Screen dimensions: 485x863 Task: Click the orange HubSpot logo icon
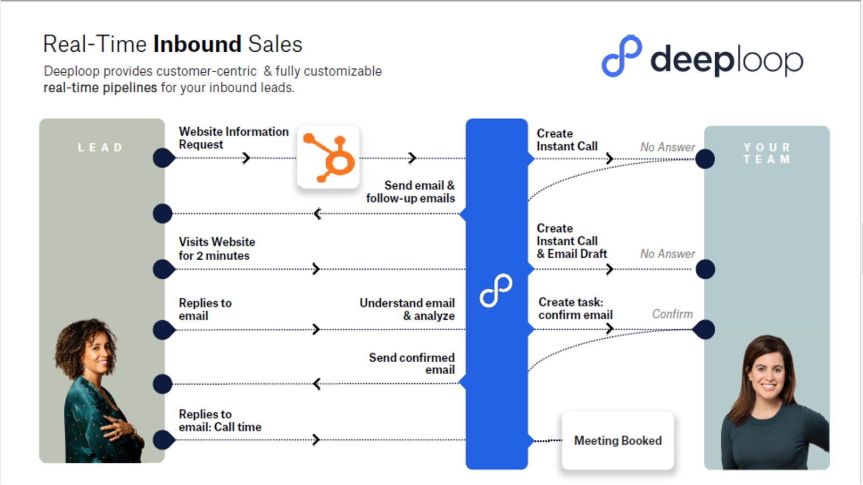pyautogui.click(x=328, y=157)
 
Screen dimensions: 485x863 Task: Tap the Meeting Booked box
pyautogui.click(x=618, y=441)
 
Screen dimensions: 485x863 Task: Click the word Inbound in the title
pyautogui.click(x=197, y=44)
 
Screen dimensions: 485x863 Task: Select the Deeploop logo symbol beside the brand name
pyautogui.click(x=621, y=56)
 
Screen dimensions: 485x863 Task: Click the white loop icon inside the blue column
pyautogui.click(x=496, y=290)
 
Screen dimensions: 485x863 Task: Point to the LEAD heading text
pyautogui.click(x=101, y=148)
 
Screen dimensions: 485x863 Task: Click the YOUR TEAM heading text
pyautogui.click(x=766, y=154)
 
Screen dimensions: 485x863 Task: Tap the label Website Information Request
pyautogui.click(x=233, y=138)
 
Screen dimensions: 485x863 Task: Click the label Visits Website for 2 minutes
pyautogui.click(x=216, y=248)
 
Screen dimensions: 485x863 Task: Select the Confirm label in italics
pyautogui.click(x=672, y=314)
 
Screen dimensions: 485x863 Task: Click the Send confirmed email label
pyautogui.click(x=412, y=364)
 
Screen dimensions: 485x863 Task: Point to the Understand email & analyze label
pyautogui.click(x=407, y=309)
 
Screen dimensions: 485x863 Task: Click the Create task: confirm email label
pyautogui.click(x=575, y=308)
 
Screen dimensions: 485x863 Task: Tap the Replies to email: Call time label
pyautogui.click(x=220, y=421)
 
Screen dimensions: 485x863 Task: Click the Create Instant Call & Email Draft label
pyautogui.click(x=572, y=241)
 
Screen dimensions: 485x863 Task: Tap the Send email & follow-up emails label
pyautogui.click(x=410, y=192)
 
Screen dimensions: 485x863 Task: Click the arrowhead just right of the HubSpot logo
pyautogui.click(x=412, y=158)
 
